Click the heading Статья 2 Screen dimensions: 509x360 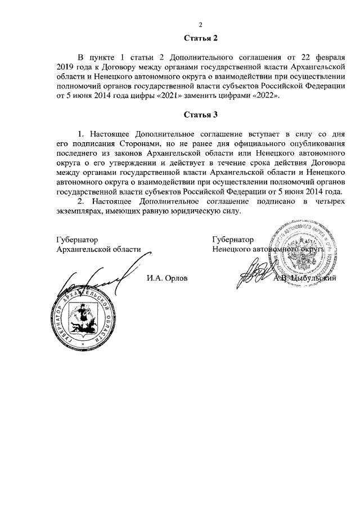[200, 38]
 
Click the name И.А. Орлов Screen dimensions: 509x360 [166, 277]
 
